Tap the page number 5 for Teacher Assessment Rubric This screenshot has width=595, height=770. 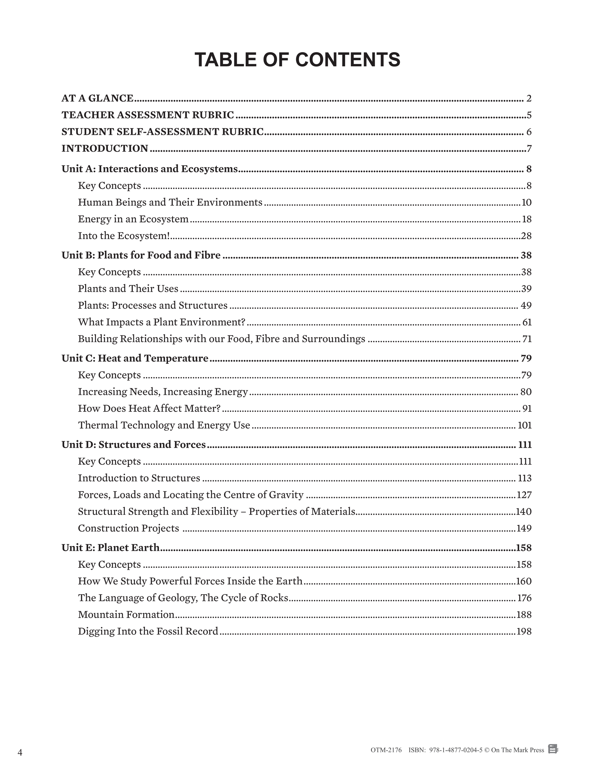(529, 115)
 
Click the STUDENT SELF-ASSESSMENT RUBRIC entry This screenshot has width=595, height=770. (162, 132)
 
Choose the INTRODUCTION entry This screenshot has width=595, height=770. (105, 148)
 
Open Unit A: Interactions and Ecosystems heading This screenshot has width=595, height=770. (149, 169)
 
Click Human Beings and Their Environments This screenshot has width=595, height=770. (170, 202)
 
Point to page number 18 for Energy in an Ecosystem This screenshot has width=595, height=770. (526, 219)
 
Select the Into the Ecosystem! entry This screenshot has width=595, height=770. (124, 236)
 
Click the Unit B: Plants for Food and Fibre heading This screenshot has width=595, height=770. (141, 255)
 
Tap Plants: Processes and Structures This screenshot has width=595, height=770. (153, 305)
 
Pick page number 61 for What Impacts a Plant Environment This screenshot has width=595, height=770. (527, 322)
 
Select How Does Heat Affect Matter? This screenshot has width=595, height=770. (149, 408)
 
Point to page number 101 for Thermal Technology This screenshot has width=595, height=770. (524, 425)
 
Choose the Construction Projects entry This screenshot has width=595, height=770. (128, 528)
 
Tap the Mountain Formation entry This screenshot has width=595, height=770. (126, 615)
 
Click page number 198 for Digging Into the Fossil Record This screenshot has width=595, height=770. (524, 631)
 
